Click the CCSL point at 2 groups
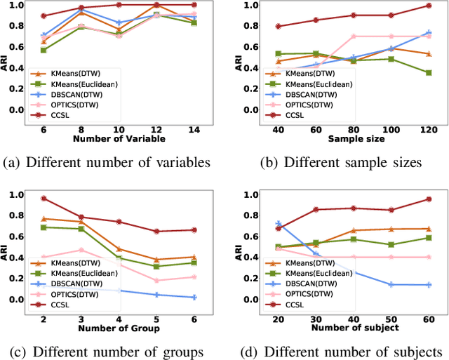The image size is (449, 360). pos(43,199)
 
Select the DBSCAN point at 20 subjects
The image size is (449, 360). pos(279,224)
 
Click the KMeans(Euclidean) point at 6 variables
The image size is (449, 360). pos(43,51)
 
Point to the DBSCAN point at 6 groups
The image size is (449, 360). pos(194,298)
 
